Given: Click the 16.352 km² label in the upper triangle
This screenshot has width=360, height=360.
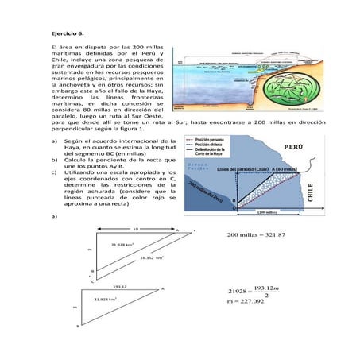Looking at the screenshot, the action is (151, 257).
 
